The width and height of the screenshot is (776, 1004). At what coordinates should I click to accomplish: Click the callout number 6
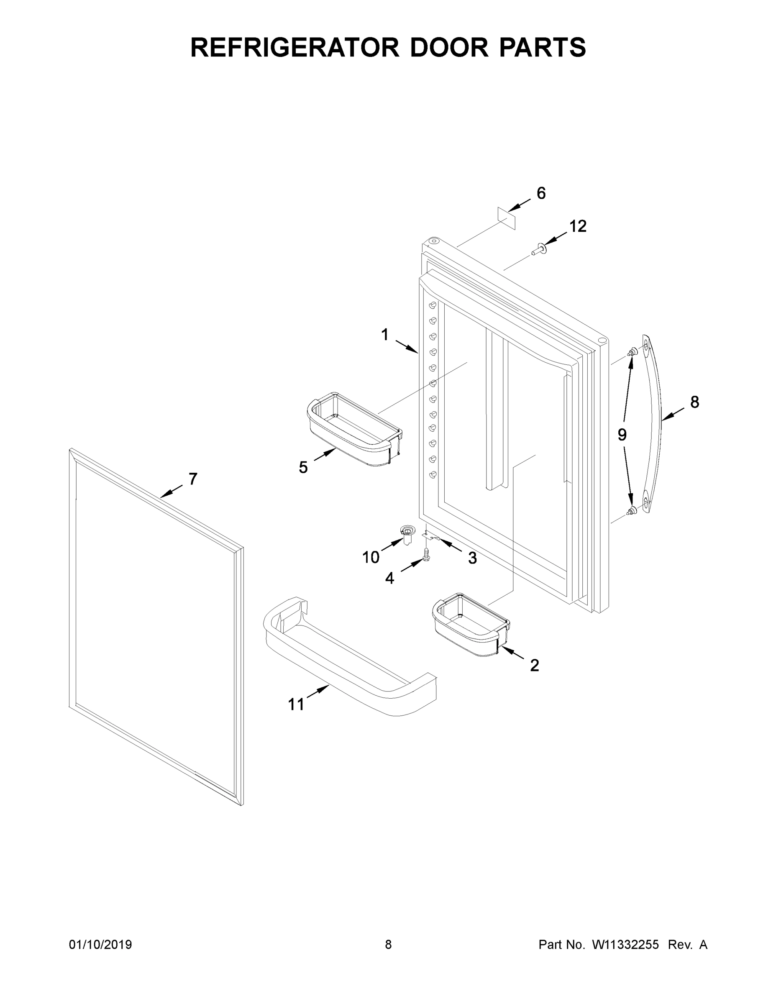pyautogui.click(x=541, y=194)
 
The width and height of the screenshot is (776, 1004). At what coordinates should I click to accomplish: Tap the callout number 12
pyautogui.click(x=578, y=226)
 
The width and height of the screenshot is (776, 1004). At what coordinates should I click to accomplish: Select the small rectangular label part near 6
pyautogui.click(x=507, y=218)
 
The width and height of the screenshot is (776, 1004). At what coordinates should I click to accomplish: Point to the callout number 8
pyautogui.click(x=694, y=402)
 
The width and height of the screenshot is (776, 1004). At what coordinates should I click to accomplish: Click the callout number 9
pyautogui.click(x=622, y=434)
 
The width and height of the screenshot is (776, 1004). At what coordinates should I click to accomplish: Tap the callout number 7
pyautogui.click(x=193, y=479)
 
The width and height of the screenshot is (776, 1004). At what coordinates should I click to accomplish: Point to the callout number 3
pyautogui.click(x=472, y=558)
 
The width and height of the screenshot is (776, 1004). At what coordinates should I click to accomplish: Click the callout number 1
pyautogui.click(x=385, y=335)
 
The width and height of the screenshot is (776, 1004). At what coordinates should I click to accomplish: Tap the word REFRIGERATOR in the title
pyautogui.click(x=295, y=47)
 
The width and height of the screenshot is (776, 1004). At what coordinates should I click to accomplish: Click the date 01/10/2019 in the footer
pyautogui.click(x=100, y=945)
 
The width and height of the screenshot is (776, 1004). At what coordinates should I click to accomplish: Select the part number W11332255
pyautogui.click(x=625, y=945)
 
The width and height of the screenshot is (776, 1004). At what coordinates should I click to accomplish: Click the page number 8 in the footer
pyautogui.click(x=388, y=945)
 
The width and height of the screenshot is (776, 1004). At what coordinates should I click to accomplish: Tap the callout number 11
pyautogui.click(x=296, y=704)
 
